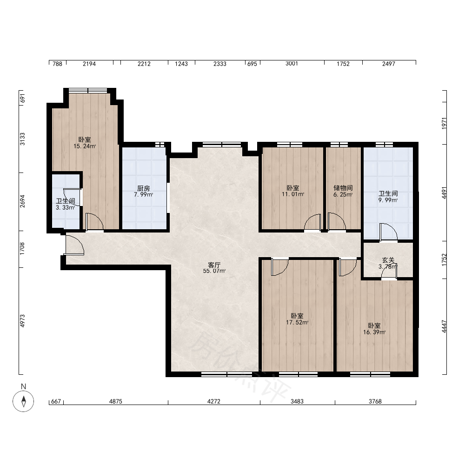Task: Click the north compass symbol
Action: [x=23, y=401]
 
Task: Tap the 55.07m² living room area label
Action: [x=214, y=271]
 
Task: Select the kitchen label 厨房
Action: [x=144, y=188]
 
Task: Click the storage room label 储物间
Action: [x=343, y=188]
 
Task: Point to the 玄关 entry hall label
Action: [x=388, y=260]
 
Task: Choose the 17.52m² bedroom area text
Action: [x=297, y=322]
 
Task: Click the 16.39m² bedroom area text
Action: [x=374, y=332]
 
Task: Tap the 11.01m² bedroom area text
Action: [x=293, y=194]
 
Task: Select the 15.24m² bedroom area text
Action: [x=85, y=146]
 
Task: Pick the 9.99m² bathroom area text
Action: [x=388, y=200]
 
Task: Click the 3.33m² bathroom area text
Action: [x=65, y=207]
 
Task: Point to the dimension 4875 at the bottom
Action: [x=116, y=401]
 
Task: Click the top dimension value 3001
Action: [x=292, y=63]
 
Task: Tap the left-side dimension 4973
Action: [x=22, y=321]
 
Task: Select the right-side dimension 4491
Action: [x=444, y=193]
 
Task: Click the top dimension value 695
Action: [x=252, y=63]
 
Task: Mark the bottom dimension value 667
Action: [x=56, y=401]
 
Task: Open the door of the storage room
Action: [x=337, y=221]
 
